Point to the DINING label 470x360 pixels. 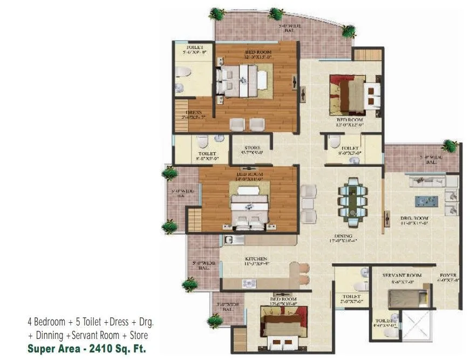point(343,236)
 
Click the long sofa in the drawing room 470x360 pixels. point(426,181)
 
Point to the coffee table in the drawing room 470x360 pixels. point(426,201)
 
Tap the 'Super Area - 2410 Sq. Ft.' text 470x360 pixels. point(86,348)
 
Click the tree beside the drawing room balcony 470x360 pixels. point(448,145)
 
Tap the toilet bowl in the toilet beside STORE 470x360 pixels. point(202,142)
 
